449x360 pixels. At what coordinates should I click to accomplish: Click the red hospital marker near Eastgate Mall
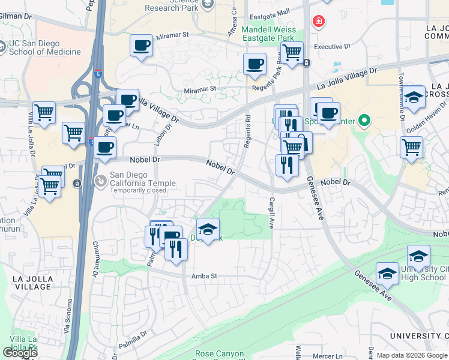(x=317, y=22)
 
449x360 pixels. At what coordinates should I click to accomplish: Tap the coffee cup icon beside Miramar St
(x=142, y=46)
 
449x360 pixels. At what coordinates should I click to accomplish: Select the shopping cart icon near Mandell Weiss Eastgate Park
(x=292, y=52)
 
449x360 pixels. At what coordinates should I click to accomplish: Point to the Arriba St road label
(x=203, y=277)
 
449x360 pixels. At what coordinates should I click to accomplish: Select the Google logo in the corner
(x=20, y=353)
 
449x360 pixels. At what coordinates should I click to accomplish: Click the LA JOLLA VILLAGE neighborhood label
(x=32, y=283)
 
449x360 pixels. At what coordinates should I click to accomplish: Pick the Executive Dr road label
(x=332, y=46)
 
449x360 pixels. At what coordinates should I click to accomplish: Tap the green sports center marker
(x=364, y=122)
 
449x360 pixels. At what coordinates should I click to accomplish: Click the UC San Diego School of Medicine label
(x=44, y=47)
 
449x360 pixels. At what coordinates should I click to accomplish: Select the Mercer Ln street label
(x=327, y=356)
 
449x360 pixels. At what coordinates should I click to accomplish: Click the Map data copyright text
(x=411, y=355)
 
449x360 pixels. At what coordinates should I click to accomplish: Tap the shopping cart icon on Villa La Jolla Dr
(x=44, y=113)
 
